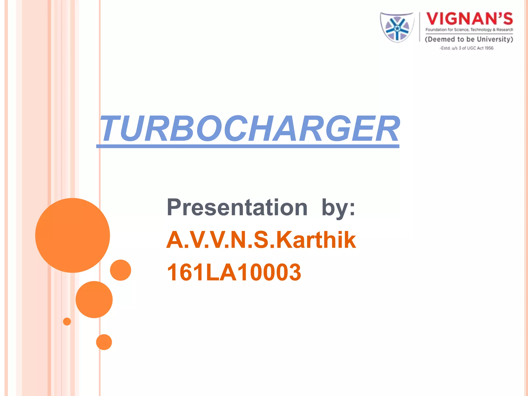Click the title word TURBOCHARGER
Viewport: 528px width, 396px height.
click(x=249, y=129)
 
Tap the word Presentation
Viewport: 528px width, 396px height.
click(x=237, y=208)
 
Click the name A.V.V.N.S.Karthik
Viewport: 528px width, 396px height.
click(x=261, y=240)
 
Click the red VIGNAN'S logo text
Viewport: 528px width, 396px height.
click(x=469, y=19)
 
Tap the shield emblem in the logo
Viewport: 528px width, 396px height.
click(x=397, y=28)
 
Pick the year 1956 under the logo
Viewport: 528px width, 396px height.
click(x=489, y=48)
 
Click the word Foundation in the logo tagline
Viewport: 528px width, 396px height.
click(x=436, y=30)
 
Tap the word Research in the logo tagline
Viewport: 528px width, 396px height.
click(x=505, y=30)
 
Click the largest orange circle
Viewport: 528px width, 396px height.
click(x=73, y=235)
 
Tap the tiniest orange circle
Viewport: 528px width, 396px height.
click(x=67, y=321)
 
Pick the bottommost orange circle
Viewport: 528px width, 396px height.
click(x=104, y=342)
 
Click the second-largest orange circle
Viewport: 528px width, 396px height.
click(x=94, y=300)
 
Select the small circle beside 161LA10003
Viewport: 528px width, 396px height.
click(x=120, y=270)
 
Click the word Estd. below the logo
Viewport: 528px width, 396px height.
click(x=445, y=48)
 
